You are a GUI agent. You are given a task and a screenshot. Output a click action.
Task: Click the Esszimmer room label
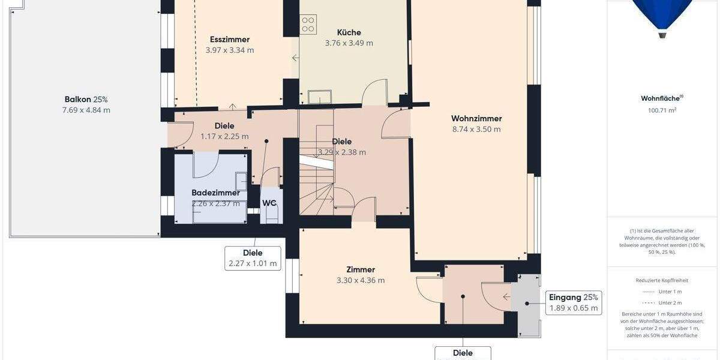point(230,40)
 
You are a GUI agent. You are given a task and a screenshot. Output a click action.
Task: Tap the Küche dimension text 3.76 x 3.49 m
point(349,43)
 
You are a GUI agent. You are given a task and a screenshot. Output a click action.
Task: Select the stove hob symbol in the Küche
point(308,25)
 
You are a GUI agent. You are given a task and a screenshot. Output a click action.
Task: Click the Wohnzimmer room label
point(476,119)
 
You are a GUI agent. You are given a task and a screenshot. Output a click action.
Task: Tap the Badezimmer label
point(215,193)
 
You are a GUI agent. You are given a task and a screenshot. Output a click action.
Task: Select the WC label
point(270,203)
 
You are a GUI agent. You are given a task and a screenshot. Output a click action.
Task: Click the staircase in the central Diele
point(317,180)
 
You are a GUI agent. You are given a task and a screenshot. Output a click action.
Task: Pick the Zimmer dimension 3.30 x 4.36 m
point(360,280)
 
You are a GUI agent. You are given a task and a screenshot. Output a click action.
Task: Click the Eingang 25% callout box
point(574,303)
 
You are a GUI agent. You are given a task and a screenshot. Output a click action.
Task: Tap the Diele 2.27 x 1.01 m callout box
point(253,258)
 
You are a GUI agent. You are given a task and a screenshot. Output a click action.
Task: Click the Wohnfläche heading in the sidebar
point(661,99)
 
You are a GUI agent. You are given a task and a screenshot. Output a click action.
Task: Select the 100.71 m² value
point(662,110)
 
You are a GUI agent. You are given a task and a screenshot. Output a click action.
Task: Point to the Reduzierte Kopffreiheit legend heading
point(662,280)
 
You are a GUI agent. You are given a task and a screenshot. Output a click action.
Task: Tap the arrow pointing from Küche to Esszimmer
point(295,58)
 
